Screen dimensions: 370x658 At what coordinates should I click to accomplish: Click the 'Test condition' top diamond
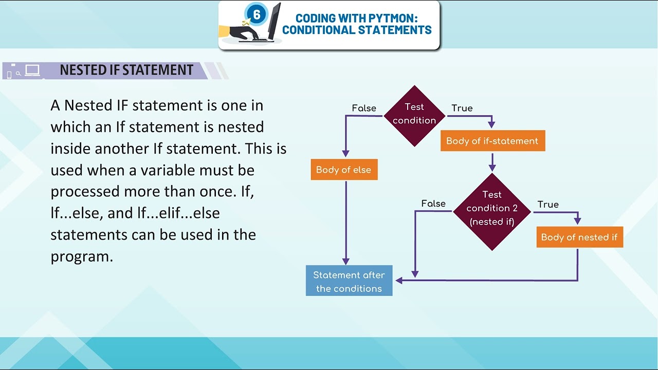coord(414,115)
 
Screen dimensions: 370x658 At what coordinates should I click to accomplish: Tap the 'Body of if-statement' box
coord(492,141)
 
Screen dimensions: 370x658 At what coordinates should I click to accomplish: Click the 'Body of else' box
coord(344,170)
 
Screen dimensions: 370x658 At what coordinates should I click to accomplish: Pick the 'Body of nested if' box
coord(579,237)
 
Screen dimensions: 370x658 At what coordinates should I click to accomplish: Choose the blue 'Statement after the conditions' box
coord(349,281)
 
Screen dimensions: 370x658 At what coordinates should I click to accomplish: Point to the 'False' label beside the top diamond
coord(364,108)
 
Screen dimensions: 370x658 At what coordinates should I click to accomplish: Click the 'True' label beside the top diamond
coord(462,108)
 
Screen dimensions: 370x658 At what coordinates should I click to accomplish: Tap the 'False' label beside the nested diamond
coord(433,204)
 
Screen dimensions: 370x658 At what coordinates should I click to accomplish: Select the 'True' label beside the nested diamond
coord(548,205)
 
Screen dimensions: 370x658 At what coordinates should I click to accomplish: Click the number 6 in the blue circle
coord(257,15)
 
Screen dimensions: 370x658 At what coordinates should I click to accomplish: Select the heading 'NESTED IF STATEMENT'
coord(126,70)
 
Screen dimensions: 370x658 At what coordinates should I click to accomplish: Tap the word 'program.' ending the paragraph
coord(82,256)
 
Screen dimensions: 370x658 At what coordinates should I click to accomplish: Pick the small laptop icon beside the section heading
coord(32,70)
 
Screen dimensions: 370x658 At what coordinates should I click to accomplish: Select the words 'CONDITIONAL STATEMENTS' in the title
coord(357,30)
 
